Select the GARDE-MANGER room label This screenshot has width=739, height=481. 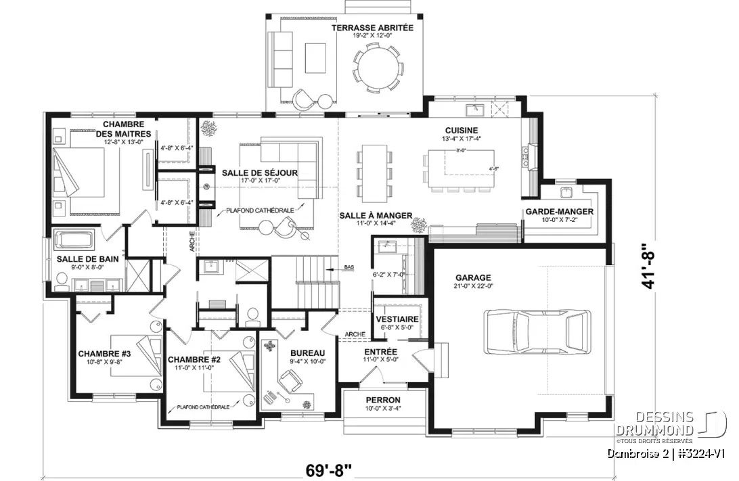(559, 212)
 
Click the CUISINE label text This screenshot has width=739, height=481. (462, 130)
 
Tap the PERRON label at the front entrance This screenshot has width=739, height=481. (383, 400)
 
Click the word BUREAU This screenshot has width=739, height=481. (308, 353)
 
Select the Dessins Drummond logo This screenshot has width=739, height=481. (670, 425)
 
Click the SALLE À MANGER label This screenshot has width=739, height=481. (376, 215)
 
